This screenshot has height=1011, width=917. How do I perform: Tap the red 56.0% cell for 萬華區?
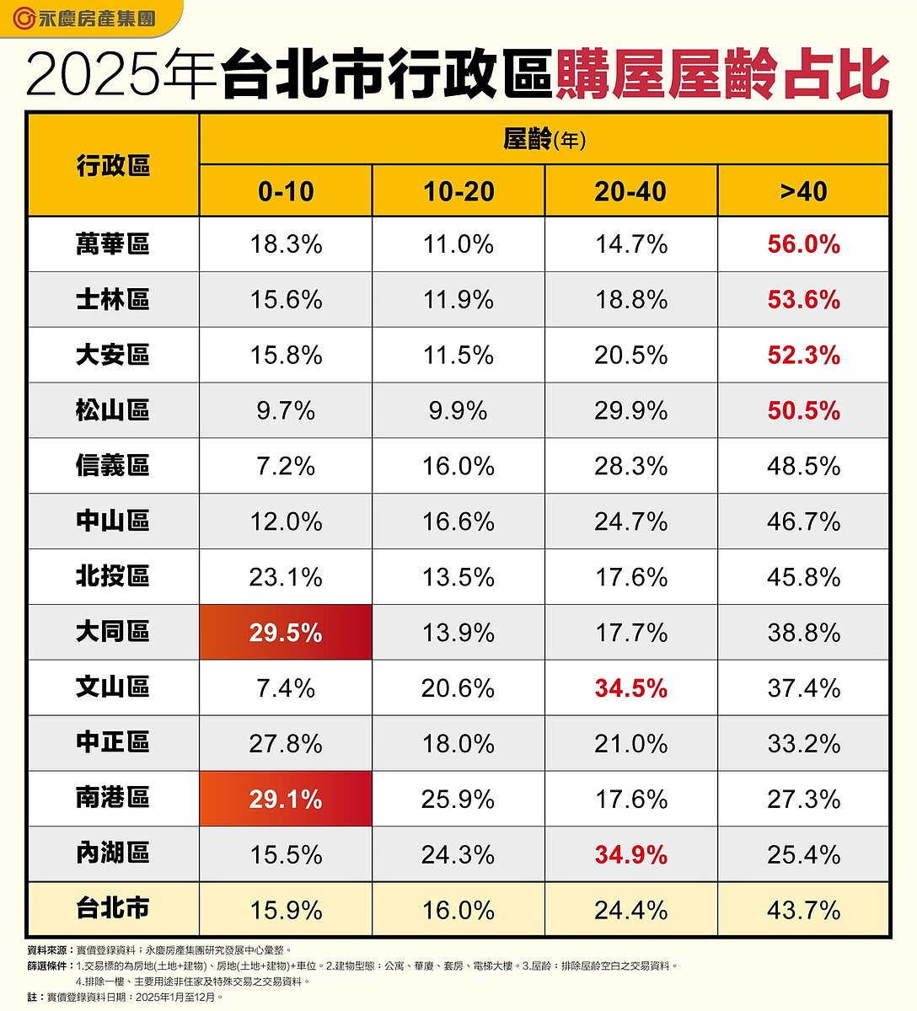coord(803,244)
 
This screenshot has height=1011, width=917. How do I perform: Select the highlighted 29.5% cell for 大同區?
coord(286,633)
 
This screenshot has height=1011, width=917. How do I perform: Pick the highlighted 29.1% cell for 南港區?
coord(286,799)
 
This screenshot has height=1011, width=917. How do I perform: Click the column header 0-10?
coord(286,191)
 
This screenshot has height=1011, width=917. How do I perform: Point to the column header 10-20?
coord(458,191)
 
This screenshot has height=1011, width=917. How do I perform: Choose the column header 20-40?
coord(630,191)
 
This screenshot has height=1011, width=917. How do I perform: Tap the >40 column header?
coord(803,191)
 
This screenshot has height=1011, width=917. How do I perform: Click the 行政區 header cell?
coord(113,165)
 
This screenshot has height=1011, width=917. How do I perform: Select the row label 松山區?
coord(113,410)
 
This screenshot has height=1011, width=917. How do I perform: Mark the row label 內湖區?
coord(113,853)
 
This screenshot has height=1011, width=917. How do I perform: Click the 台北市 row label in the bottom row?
coord(113,909)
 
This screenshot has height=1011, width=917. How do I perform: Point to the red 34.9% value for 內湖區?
coord(630,854)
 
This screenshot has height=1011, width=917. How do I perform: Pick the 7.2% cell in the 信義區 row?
coord(286,466)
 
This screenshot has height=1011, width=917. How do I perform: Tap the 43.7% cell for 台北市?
coord(803,910)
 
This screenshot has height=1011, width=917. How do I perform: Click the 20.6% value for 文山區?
coord(458,688)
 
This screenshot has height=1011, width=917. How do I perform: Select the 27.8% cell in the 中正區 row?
coord(286,744)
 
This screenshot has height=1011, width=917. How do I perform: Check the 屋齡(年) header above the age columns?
coord(544,139)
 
